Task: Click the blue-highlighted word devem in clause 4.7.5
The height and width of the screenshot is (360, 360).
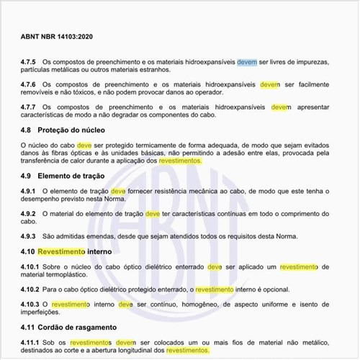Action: pos(247,62)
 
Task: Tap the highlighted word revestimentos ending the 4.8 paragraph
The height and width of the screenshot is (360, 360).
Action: pos(179,161)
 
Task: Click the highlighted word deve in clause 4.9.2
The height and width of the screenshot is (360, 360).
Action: pos(153,214)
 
